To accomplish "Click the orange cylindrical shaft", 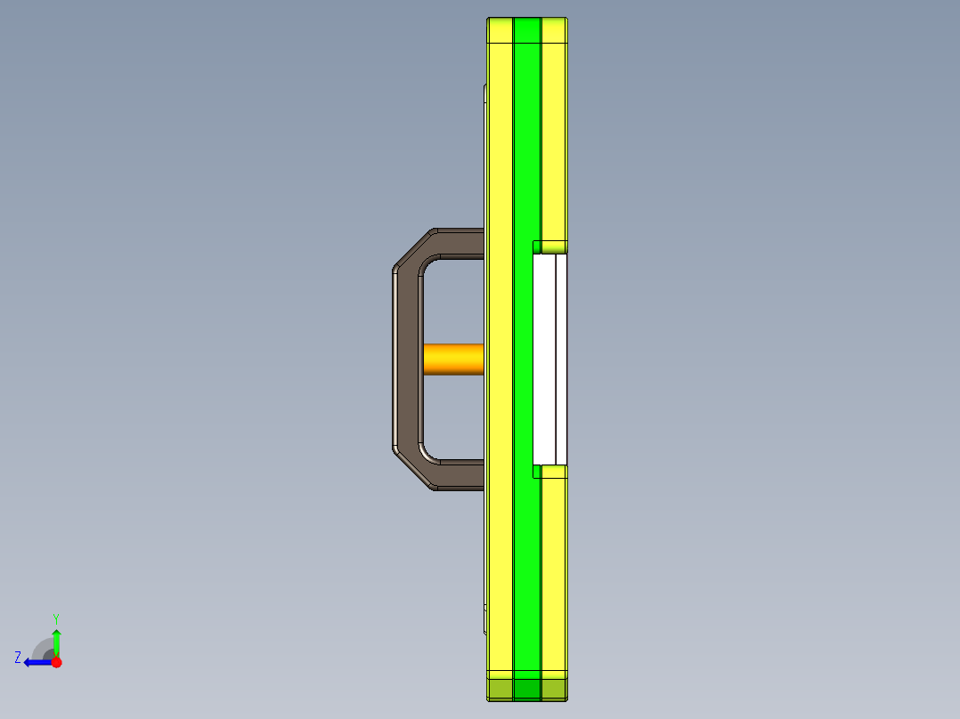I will click(453, 359).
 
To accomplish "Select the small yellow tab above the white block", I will click(550, 246).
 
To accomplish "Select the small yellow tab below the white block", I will click(550, 471).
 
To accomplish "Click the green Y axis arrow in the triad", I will click(56, 640).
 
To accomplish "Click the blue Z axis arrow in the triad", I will click(35, 662).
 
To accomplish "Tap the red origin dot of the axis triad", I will click(56, 662).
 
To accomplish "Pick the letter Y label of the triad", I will click(55, 618).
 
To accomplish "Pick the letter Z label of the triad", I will click(18, 658).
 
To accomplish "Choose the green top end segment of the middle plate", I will click(527, 30).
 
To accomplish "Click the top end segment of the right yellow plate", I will click(554, 30).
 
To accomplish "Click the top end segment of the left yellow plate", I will click(500, 30).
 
